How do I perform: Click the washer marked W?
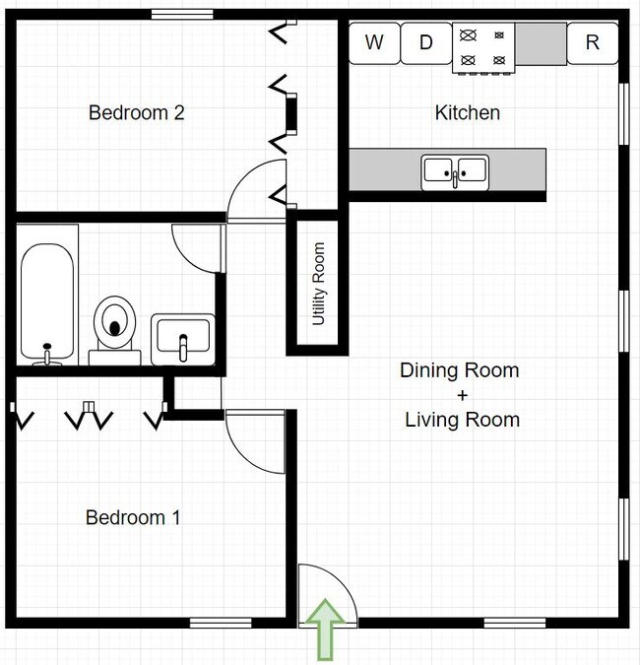tap(374, 43)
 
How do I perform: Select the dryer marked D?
tap(426, 43)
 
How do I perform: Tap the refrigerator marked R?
tap(593, 43)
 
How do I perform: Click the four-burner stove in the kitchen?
tap(483, 48)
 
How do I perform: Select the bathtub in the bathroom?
tap(47, 302)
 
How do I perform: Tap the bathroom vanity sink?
tap(183, 339)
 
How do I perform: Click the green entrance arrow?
tap(325, 629)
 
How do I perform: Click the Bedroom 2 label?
tap(137, 113)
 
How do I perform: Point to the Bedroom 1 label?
tap(133, 517)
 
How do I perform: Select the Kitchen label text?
tap(468, 113)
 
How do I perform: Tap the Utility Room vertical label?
tap(318, 284)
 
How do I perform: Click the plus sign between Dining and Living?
tap(463, 395)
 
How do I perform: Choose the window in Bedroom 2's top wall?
tap(182, 15)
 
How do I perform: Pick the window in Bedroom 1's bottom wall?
tap(221, 623)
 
